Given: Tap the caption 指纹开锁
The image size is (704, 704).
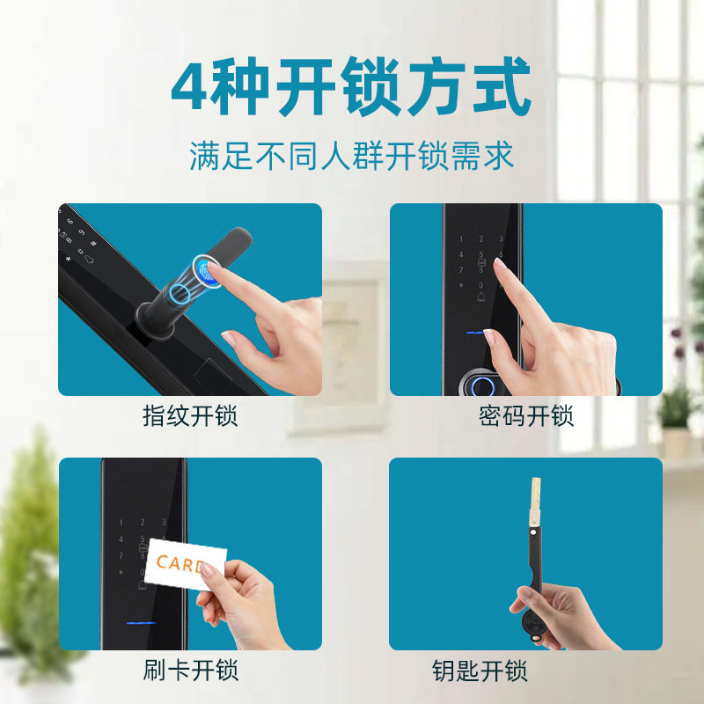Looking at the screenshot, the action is (190, 415).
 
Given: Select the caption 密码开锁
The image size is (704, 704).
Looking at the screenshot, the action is (525, 415).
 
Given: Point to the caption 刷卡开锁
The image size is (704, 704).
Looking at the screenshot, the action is (190, 671).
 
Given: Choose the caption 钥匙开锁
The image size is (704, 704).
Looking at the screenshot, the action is (480, 671).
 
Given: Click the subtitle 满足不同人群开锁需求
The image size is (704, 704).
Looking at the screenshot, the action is (351, 157).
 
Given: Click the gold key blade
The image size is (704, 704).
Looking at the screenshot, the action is (535, 502).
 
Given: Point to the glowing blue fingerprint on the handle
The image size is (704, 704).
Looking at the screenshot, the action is (207, 271).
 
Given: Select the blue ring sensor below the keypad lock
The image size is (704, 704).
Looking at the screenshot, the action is (482, 385).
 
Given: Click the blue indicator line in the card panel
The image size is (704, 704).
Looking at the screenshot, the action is (142, 623).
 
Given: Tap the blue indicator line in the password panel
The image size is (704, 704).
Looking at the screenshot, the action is (475, 333).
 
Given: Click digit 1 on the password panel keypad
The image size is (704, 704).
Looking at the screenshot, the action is (460, 239).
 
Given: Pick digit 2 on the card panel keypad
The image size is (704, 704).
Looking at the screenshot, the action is (143, 522).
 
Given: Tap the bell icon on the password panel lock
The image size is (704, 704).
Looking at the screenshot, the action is (480, 297).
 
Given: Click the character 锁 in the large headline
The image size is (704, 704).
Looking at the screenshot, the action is (370, 87).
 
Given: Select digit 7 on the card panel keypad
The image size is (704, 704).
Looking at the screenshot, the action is (121, 556).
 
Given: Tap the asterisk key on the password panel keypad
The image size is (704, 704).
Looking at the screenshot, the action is (460, 285).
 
